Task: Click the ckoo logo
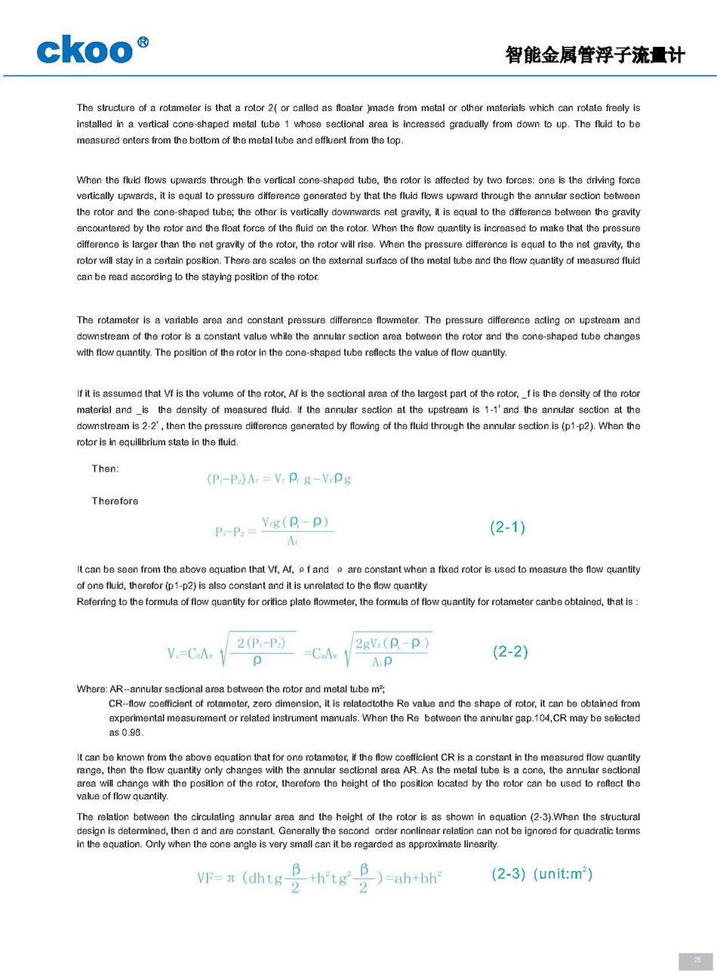(x=85, y=51)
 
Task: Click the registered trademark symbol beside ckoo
(x=143, y=42)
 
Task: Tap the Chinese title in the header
(x=595, y=55)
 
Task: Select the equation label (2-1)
(x=507, y=527)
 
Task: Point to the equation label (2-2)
(x=510, y=651)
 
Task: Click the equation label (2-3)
(x=508, y=874)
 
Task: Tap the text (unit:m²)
(x=563, y=874)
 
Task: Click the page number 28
(x=697, y=960)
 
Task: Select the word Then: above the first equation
(x=105, y=469)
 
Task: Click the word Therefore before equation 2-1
(x=115, y=501)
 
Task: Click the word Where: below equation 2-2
(x=92, y=689)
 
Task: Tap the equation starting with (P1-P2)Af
(x=278, y=478)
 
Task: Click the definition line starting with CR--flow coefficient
(x=374, y=703)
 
